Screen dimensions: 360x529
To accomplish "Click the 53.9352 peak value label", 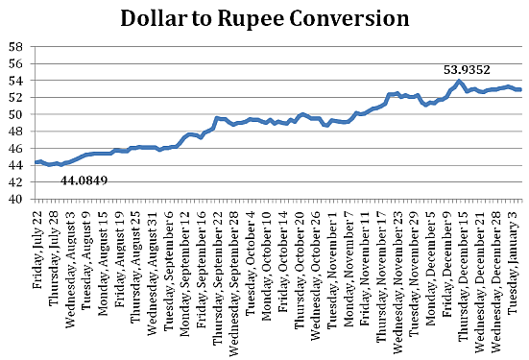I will [x=468, y=69].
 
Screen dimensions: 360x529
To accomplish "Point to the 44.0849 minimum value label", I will [x=84, y=180].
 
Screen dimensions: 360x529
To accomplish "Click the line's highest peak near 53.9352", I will [x=460, y=82].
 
